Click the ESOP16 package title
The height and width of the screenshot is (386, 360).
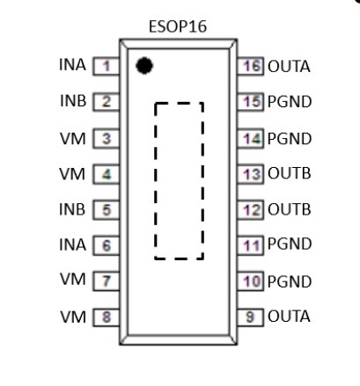(x=178, y=26)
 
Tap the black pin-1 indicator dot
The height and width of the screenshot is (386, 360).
(x=144, y=66)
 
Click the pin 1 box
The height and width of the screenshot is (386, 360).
(x=107, y=66)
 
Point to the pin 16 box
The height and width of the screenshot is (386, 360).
(x=251, y=66)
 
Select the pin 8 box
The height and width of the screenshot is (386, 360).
(x=107, y=317)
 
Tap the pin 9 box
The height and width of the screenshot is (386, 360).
(x=251, y=317)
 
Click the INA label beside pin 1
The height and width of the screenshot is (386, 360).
(x=72, y=65)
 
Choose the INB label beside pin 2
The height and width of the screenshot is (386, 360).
(x=73, y=101)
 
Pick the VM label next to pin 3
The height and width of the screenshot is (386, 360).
(x=73, y=138)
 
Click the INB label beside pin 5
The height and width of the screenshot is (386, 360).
(x=72, y=209)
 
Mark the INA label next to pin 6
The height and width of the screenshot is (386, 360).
(x=72, y=244)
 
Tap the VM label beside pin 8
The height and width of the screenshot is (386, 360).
(x=73, y=317)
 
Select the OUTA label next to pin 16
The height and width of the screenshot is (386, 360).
(x=289, y=67)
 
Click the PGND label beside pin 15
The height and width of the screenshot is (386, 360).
(x=290, y=102)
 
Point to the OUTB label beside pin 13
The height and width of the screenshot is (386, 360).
(x=290, y=173)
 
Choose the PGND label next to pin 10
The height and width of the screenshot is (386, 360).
(x=290, y=281)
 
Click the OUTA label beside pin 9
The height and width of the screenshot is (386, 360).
(x=289, y=317)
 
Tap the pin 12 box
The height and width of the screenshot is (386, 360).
(x=251, y=210)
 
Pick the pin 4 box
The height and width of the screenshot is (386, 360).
(x=107, y=174)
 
